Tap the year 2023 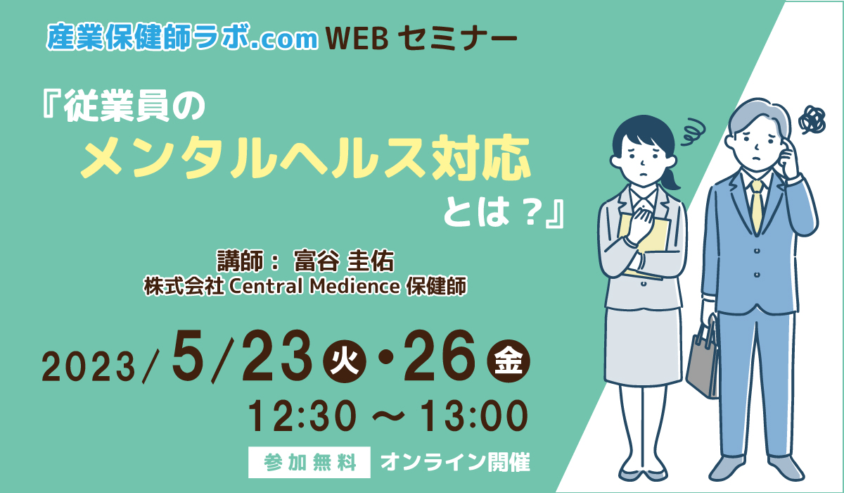click(88, 368)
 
